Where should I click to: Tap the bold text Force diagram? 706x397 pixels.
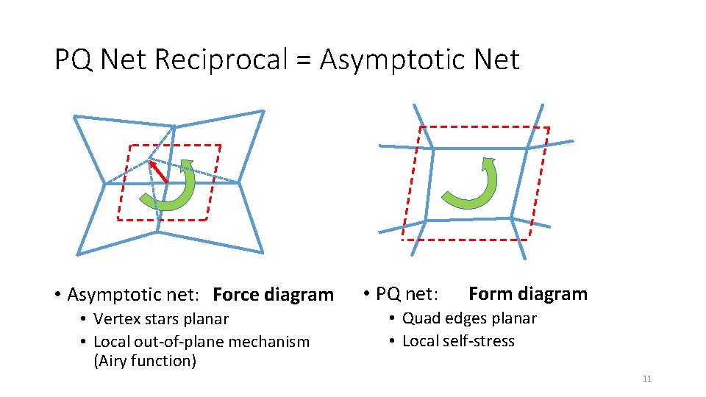coord(273,295)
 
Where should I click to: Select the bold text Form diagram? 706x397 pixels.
coord(527,294)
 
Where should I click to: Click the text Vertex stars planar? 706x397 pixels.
coord(161,319)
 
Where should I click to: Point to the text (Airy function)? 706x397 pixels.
coord(145,361)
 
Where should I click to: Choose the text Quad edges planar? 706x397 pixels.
coord(469,318)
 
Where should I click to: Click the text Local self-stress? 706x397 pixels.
coord(458,341)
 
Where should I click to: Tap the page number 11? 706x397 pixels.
coord(647,379)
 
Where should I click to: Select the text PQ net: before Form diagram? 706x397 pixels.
coord(407,295)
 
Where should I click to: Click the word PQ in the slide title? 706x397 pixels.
coord(73,60)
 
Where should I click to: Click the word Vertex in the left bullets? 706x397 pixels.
coord(116,319)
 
